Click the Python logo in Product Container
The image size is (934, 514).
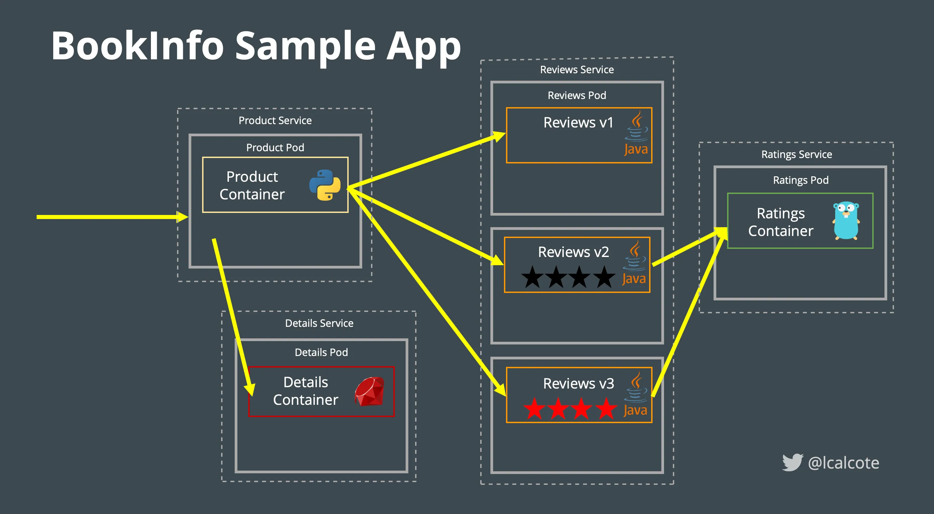[325, 185]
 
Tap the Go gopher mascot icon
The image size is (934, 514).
[846, 221]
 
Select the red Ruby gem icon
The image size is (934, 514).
[369, 391]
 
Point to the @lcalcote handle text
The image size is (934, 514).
[843, 463]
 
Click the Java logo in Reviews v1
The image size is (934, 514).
[636, 135]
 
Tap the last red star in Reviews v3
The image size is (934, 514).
[606, 409]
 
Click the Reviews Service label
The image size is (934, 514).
[577, 70]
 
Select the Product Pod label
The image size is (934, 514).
[275, 147]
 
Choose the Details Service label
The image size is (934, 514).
[319, 323]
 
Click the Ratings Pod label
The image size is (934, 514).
[801, 180]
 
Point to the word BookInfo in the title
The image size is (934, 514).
[137, 46]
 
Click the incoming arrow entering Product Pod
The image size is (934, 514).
[109, 217]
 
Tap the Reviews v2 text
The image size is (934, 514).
[573, 252]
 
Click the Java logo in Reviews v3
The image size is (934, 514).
[636, 395]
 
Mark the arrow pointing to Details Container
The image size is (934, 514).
[232, 315]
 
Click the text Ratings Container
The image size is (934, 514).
[781, 222]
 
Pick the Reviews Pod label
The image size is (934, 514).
[577, 95]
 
